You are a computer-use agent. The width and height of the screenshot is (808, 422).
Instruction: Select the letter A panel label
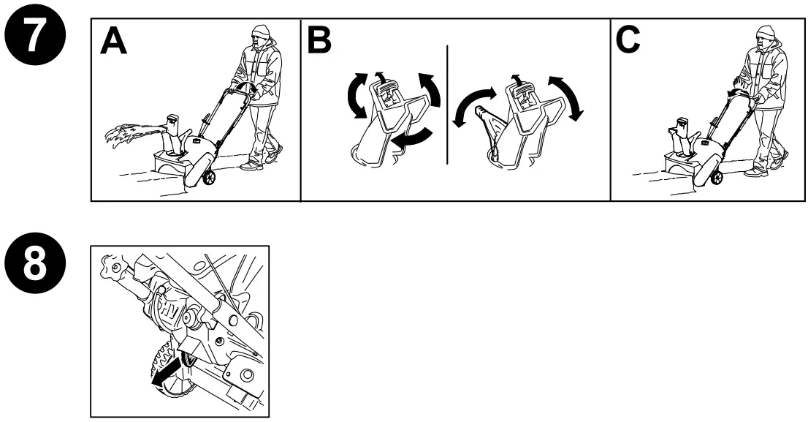(114, 42)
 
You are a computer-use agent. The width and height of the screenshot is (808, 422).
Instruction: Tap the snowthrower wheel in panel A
(209, 178)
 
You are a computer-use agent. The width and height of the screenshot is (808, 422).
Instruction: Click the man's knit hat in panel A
(262, 31)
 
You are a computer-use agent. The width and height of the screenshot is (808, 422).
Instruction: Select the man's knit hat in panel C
(765, 32)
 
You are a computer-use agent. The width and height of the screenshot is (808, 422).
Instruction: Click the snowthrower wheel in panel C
(716, 178)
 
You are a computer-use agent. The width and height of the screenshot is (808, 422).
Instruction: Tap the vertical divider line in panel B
(446, 102)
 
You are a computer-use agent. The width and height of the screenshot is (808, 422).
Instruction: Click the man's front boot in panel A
(251, 167)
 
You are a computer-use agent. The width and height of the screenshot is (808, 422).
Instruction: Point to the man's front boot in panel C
(752, 172)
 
